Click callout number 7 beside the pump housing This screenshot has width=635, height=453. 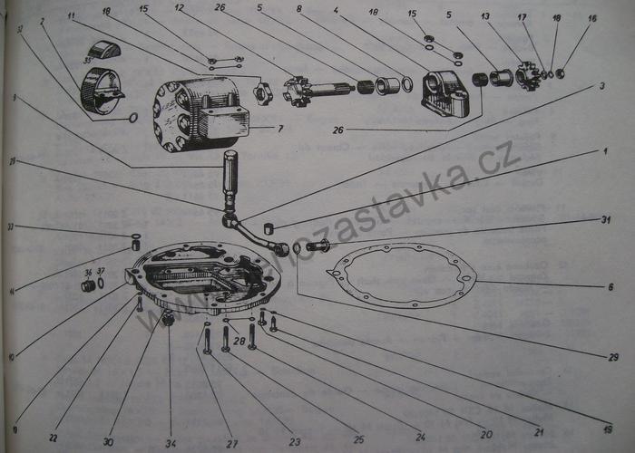[280, 130]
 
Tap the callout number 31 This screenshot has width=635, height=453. [606, 219]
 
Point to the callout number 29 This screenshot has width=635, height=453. [612, 357]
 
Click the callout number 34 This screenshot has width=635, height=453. [171, 441]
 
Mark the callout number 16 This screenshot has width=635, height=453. [592, 17]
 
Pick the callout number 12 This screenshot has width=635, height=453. [179, 8]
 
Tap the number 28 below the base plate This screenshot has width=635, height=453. [239, 341]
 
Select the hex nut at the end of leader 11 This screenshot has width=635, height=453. [263, 93]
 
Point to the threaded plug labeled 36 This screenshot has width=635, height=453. [89, 285]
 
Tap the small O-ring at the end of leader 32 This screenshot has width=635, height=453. [133, 117]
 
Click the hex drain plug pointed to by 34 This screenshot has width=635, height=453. [168, 319]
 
